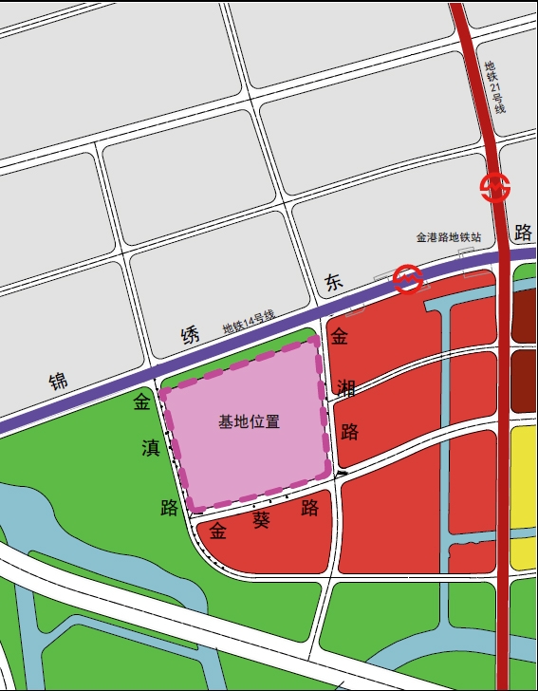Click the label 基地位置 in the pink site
pyautogui.click(x=249, y=421)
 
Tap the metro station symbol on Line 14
pyautogui.click(x=408, y=279)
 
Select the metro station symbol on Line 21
pyautogui.click(x=494, y=188)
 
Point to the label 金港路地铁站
pyautogui.click(x=449, y=237)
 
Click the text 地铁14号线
pyautogui.click(x=248, y=322)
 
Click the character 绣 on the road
pyautogui.click(x=191, y=334)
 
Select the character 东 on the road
pyautogui.click(x=332, y=282)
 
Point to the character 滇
pyautogui.click(x=150, y=448)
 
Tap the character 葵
pyautogui.click(x=262, y=519)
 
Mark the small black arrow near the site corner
pyautogui.click(x=342, y=472)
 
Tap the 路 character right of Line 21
pyautogui.click(x=521, y=232)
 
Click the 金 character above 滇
pyautogui.click(x=141, y=402)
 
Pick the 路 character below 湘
pyautogui.click(x=349, y=432)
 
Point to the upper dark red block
pyautogui.click(x=524, y=315)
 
